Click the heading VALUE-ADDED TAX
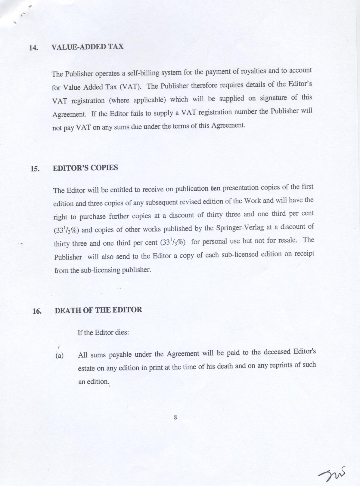(87, 47)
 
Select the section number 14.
(33, 48)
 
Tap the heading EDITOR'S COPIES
(85, 168)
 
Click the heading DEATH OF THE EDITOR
(98, 310)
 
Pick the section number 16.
(37, 311)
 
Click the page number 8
(175, 417)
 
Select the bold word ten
(216, 189)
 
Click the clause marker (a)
(60, 355)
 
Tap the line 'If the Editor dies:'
(103, 333)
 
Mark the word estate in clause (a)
(86, 368)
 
